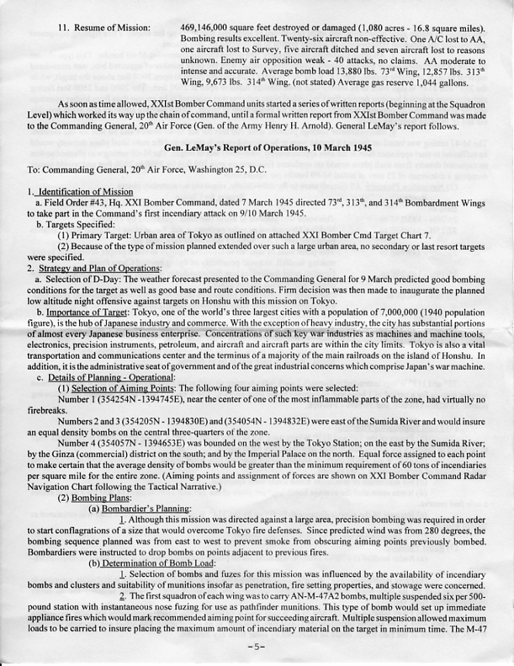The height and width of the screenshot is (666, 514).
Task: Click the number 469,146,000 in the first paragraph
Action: (x=207, y=28)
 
